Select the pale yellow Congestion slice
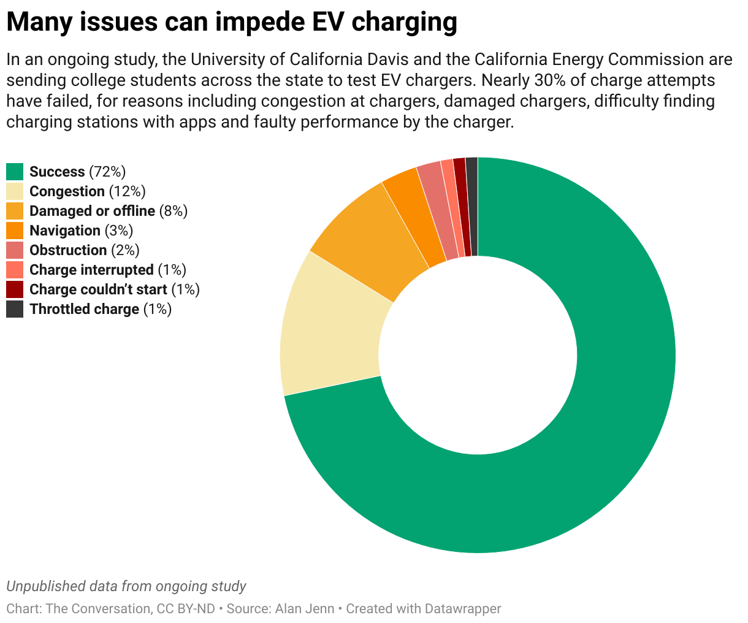tap(331, 331)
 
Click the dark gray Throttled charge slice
tap(472, 206)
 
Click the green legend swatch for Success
tap(15, 172)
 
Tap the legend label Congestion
tap(67, 191)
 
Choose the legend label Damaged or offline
tap(92, 211)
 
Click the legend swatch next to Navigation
tap(15, 231)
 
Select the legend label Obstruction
tap(68, 250)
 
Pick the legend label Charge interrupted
tap(91, 270)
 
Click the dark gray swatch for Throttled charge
tap(15, 309)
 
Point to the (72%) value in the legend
tap(107, 172)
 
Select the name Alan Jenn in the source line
tap(305, 609)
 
